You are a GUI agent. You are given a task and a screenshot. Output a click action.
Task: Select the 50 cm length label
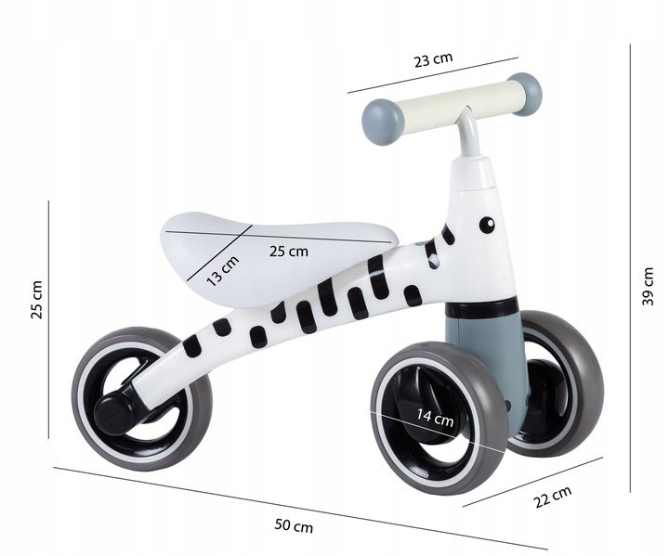(295, 526)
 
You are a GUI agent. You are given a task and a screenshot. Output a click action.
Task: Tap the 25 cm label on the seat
(289, 251)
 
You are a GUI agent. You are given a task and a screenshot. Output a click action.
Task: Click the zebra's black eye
(485, 224)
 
